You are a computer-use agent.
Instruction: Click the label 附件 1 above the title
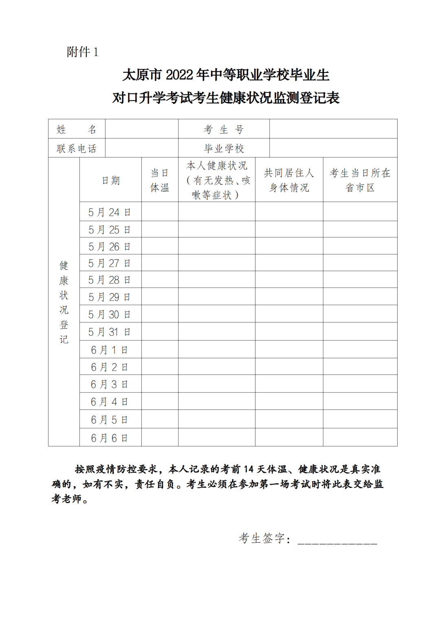click(83, 52)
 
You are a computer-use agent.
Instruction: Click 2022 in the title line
click(179, 75)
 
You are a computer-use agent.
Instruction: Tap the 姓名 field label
click(77, 129)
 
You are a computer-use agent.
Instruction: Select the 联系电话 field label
click(77, 149)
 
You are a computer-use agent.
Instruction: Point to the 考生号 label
click(224, 129)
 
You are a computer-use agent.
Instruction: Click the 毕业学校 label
click(224, 149)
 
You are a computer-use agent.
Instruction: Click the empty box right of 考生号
click(333, 129)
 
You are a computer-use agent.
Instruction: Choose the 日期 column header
click(110, 180)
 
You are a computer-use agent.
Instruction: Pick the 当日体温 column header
click(160, 180)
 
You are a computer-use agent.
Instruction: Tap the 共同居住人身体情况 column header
click(289, 180)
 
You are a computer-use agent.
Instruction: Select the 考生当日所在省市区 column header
click(360, 180)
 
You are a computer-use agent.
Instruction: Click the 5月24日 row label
click(110, 212)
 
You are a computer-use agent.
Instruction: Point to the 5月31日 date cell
click(110, 332)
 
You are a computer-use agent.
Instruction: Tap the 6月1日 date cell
click(110, 350)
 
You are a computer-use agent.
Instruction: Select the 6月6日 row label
click(110, 438)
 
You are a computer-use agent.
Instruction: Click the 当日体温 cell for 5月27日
click(160, 263)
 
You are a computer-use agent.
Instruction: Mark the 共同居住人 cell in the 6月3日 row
click(289, 384)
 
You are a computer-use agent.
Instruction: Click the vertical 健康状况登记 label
click(64, 302)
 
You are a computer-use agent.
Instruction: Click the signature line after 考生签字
click(337, 542)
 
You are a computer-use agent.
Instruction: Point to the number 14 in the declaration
click(249, 469)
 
